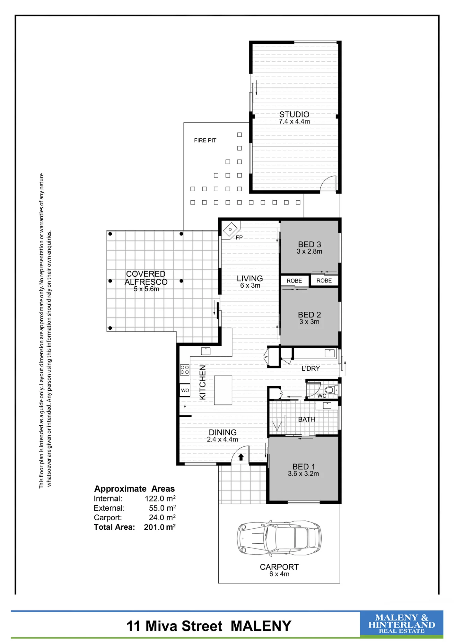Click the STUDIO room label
click(x=294, y=114)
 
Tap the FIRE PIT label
click(x=205, y=140)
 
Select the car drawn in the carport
click(x=279, y=538)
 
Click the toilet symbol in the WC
click(x=332, y=390)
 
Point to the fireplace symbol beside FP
click(x=231, y=230)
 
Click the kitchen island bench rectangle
click(x=223, y=390)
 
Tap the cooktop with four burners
click(x=185, y=369)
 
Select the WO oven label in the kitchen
click(x=185, y=390)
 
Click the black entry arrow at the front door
click(x=241, y=457)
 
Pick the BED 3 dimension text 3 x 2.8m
click(x=310, y=251)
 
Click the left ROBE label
click(x=294, y=281)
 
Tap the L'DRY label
click(x=311, y=369)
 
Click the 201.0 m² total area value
click(x=160, y=527)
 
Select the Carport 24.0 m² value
click(x=162, y=517)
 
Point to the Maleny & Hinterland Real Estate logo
click(x=402, y=624)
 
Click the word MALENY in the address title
click(x=261, y=626)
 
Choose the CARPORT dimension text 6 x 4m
click(x=279, y=574)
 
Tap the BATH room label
click(x=307, y=419)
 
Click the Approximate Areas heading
click(x=135, y=489)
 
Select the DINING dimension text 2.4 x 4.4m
click(x=223, y=439)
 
